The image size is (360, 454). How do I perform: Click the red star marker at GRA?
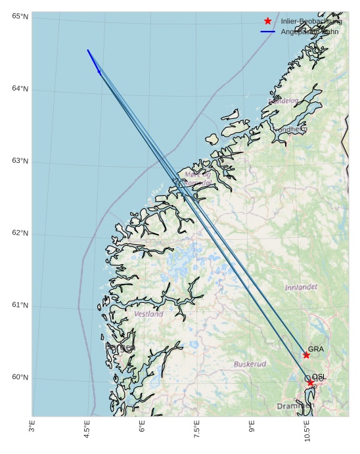(x=306, y=355)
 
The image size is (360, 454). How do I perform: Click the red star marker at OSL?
(x=311, y=382)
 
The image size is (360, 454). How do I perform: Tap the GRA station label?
(x=316, y=349)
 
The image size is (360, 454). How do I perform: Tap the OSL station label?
(x=319, y=376)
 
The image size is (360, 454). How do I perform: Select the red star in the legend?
(x=268, y=21)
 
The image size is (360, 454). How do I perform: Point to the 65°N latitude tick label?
(x=20, y=16)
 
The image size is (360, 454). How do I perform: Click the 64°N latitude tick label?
(x=20, y=89)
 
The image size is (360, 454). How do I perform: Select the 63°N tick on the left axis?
(x=20, y=161)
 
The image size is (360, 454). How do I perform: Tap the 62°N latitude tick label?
(x=20, y=233)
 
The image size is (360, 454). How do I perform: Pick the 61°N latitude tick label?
(x=20, y=306)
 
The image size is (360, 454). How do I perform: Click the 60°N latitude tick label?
(x=20, y=378)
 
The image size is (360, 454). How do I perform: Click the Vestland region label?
(x=149, y=314)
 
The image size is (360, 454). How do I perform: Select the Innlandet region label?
(x=301, y=287)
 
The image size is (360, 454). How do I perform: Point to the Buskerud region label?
(x=250, y=364)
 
